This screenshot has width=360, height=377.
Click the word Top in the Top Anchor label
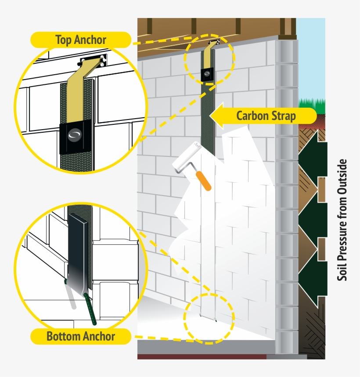click(65, 40)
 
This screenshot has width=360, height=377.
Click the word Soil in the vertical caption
click(342, 272)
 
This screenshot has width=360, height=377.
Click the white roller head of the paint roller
click(187, 158)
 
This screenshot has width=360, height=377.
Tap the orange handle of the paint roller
click(204, 181)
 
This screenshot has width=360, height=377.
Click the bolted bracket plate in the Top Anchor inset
click(93, 61)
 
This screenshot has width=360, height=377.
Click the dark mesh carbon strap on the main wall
click(208, 123)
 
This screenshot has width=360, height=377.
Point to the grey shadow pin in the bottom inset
click(72, 299)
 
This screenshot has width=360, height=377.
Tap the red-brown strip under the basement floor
click(202, 356)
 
